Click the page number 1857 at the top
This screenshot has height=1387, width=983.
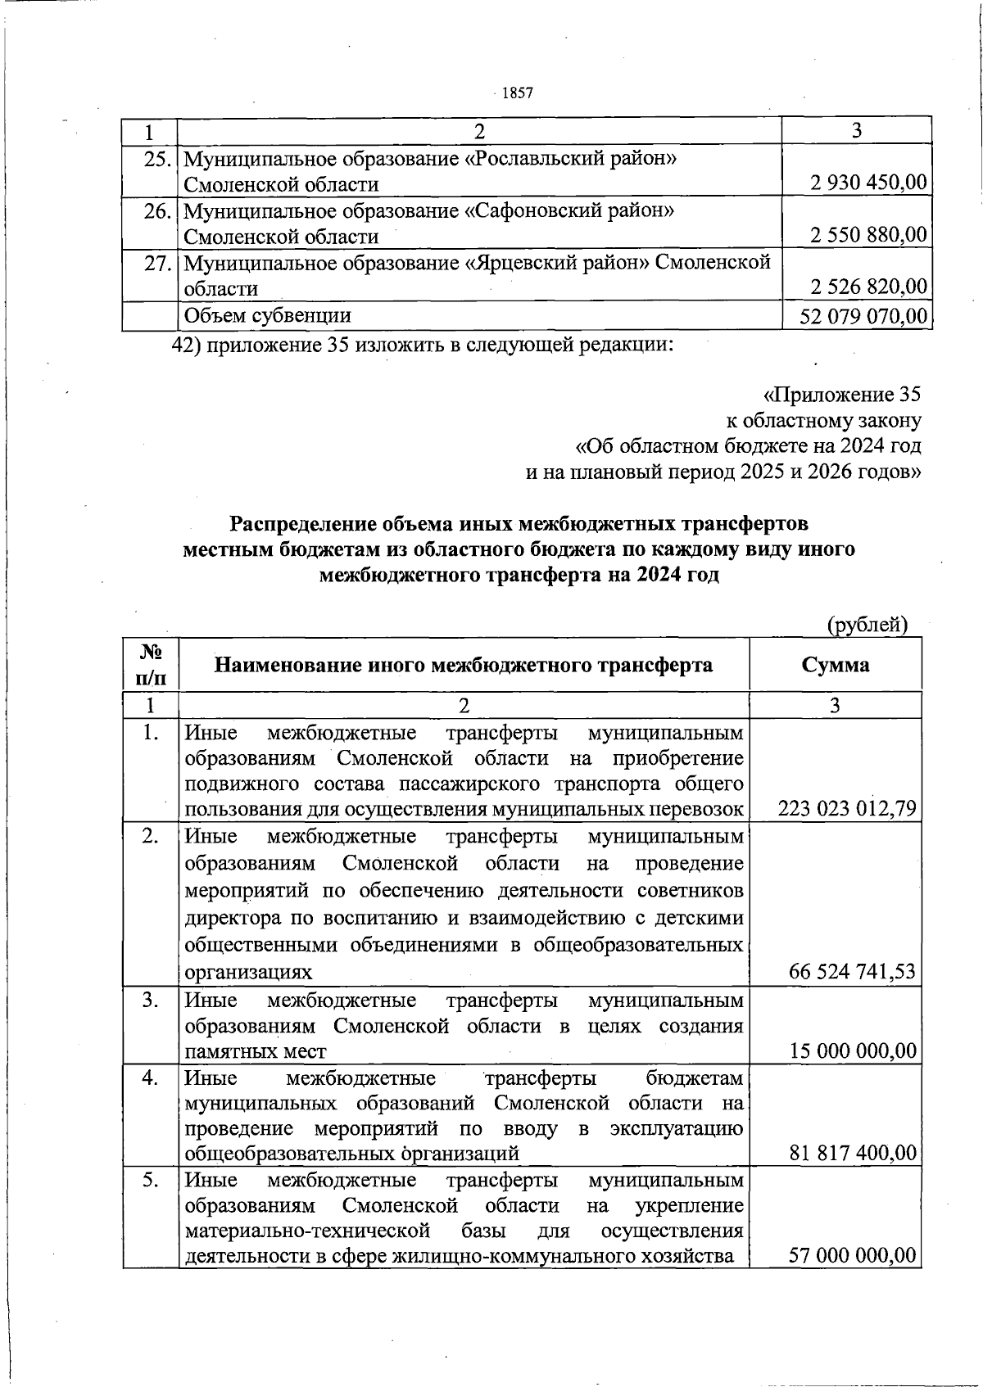click(x=517, y=93)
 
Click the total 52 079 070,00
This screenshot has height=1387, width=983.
click(x=863, y=316)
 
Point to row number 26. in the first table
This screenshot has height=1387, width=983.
click(x=156, y=211)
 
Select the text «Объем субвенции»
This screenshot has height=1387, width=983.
click(x=268, y=316)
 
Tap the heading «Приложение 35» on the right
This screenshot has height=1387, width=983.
click(x=842, y=395)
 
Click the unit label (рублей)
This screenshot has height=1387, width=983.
click(x=867, y=625)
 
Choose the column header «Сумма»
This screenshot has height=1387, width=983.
click(x=836, y=665)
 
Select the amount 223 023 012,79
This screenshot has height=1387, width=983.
click(x=847, y=810)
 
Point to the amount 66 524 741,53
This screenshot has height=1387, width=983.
click(x=852, y=972)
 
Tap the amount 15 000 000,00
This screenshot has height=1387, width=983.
click(x=853, y=1050)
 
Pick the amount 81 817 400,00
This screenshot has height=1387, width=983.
click(x=853, y=1153)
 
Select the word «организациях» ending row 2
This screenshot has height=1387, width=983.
click(x=248, y=973)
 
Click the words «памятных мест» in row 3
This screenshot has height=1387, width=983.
click(x=256, y=1051)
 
